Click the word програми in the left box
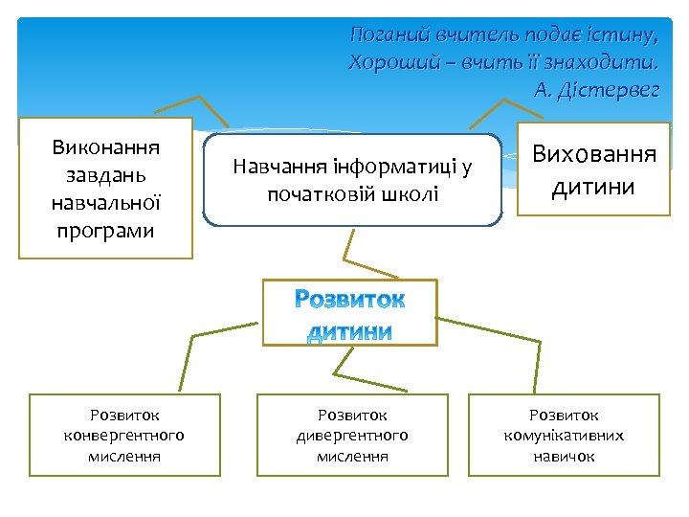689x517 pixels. click(x=105, y=231)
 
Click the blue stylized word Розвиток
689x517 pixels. click(x=349, y=300)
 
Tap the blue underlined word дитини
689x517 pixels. click(x=349, y=331)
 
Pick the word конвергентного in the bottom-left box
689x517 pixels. click(x=123, y=436)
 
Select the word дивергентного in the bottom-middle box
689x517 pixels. click(x=352, y=436)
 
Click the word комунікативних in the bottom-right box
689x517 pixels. click(x=564, y=436)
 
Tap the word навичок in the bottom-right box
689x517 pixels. click(x=564, y=457)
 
